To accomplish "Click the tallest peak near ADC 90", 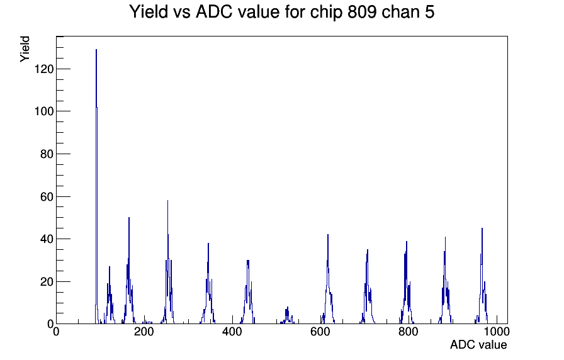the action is point(96,50).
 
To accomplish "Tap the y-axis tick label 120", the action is point(44,69).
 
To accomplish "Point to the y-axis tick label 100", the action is point(44,111).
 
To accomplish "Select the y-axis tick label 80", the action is point(47,154).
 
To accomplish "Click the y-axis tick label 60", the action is point(47,197).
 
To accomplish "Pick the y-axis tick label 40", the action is point(47,239).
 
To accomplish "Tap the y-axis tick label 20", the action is point(47,282).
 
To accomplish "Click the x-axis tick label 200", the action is point(144,332).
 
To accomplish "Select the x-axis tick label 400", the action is point(232,332).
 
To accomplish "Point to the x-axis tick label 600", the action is point(320,332).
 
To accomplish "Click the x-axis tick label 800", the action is point(409,332).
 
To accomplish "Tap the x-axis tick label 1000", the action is point(497,332).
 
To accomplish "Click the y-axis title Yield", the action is point(25,49).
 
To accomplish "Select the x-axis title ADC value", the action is point(478,345).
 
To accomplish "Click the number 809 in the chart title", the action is point(362,12).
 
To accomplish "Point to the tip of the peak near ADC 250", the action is point(167,201).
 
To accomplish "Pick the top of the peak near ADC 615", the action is point(328,235).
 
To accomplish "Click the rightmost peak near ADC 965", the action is point(482,228).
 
